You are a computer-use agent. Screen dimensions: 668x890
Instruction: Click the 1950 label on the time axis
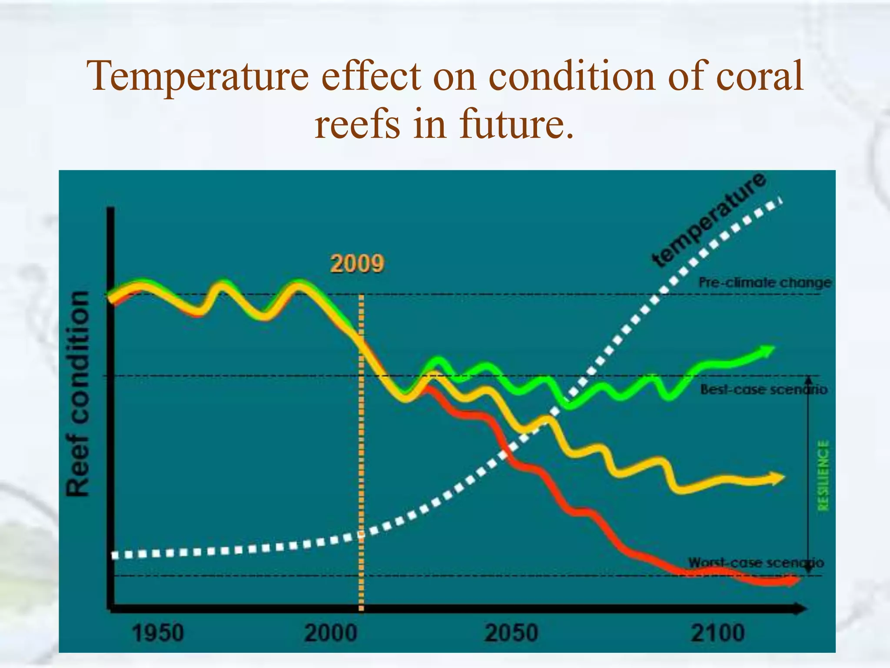coord(158,633)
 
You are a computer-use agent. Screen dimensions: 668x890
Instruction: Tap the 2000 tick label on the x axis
coord(331,633)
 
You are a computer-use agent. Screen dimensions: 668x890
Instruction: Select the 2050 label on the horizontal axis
coord(511,633)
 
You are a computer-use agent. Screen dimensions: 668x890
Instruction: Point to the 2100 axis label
coord(718,633)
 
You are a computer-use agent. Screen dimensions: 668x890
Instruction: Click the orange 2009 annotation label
coord(357,264)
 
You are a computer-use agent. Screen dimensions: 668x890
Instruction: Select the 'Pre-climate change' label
coord(765,283)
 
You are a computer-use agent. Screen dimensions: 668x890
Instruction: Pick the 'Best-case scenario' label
coord(764,389)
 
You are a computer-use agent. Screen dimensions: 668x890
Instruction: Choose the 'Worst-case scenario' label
coord(756,562)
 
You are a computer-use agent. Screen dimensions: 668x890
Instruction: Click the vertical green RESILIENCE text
coord(824,475)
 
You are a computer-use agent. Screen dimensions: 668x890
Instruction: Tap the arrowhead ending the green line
coord(768,351)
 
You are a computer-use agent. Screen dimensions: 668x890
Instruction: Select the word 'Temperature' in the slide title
coord(198,77)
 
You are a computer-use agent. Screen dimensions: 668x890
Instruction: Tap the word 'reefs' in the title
coord(357,124)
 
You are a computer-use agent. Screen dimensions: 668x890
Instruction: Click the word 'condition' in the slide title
coord(571,77)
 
